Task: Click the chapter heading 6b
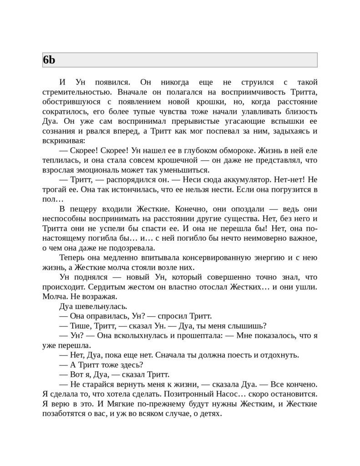tap(49, 60)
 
